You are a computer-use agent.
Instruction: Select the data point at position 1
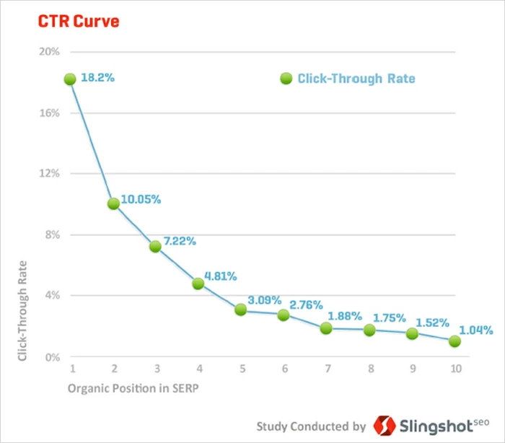click(70, 79)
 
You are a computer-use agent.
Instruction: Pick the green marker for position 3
click(155, 246)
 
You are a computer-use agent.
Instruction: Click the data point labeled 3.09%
click(241, 310)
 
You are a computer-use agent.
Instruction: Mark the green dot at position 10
click(454, 341)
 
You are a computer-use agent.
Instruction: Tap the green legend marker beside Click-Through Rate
click(286, 78)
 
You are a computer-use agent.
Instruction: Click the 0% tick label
click(51, 356)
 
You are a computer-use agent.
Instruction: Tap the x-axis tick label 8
click(369, 368)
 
